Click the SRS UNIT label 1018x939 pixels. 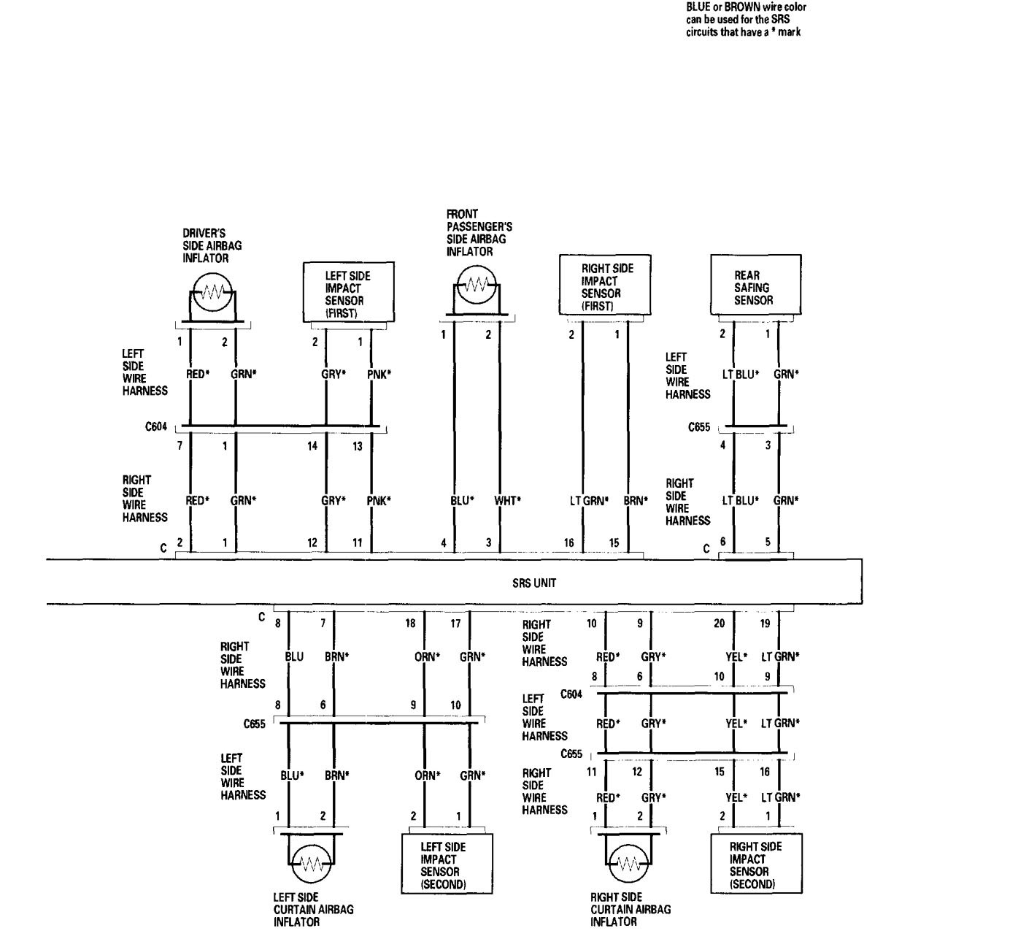pos(534,583)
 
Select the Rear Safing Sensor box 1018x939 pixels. pos(755,285)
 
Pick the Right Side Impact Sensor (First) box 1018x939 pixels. pos(604,285)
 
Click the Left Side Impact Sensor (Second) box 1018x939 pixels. pos(447,865)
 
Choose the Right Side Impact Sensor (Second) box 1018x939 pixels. pos(755,865)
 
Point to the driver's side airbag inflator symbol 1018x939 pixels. pos(212,294)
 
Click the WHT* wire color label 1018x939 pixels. pos(507,501)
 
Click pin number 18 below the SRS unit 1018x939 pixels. pos(411,624)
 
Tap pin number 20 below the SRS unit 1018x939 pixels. pos(720,624)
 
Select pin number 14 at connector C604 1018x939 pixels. pos(312,446)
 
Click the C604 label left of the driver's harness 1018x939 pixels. pos(157,427)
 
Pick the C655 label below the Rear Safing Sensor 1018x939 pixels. pos(699,427)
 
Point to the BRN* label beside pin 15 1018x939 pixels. pos(635,501)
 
